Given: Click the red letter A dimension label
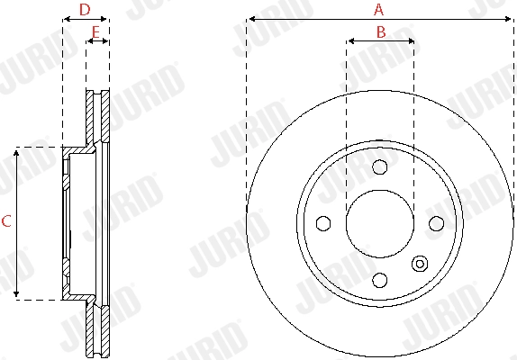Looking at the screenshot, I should click(379, 10).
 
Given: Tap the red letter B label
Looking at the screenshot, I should click(380, 31).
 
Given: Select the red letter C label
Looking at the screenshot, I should click(6, 221).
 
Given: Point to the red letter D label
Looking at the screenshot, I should click(85, 10).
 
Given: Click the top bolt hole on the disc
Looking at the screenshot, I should click(379, 166).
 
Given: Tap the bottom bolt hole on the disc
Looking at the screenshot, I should click(379, 279).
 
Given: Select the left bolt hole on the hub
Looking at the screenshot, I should click(322, 223).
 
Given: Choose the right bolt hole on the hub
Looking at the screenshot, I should click(436, 223).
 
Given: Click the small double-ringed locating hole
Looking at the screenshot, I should click(419, 264).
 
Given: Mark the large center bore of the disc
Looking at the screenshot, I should click(379, 223).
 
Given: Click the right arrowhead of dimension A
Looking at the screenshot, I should click(509, 18).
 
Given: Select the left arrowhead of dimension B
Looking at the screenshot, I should click(350, 40).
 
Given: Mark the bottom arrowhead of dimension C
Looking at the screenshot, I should click(17, 293).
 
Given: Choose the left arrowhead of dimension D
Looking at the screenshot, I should click(66, 18).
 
